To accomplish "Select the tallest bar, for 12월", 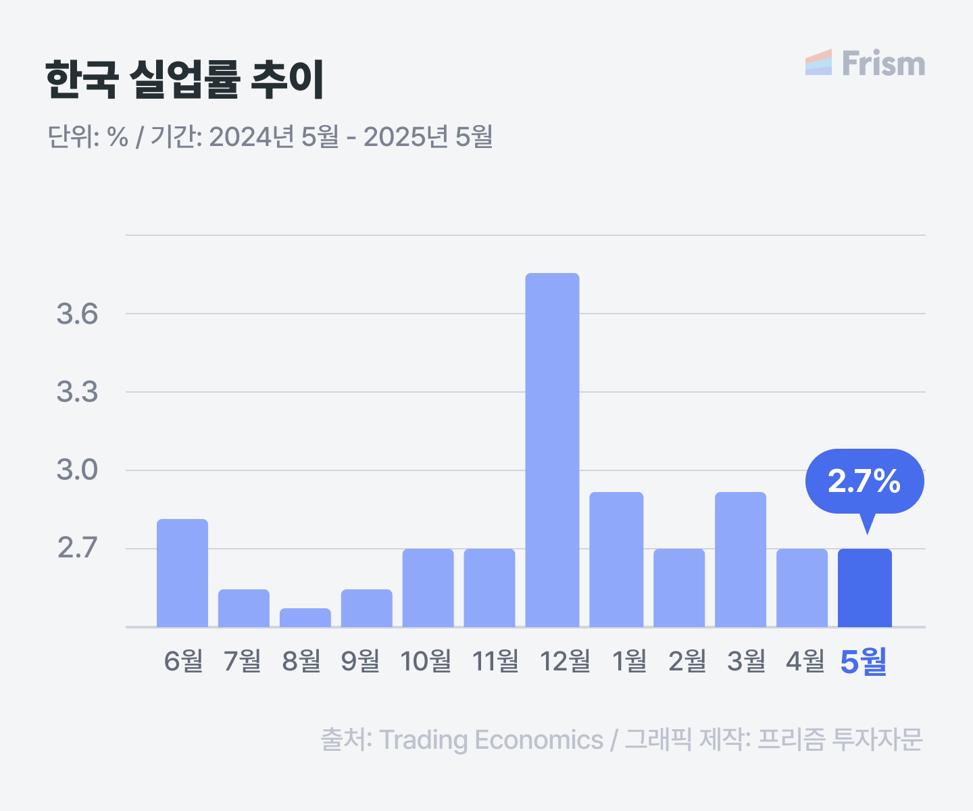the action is [x=552, y=450].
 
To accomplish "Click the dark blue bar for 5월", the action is [x=865, y=588].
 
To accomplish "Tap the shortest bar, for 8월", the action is [x=305, y=618].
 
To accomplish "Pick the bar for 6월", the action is [x=182, y=573].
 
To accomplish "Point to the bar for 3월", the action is [x=741, y=560].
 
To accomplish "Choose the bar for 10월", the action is [x=428, y=588].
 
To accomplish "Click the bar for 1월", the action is [x=616, y=560].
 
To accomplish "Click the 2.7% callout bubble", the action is [x=865, y=481].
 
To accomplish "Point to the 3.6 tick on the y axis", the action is [x=77, y=314].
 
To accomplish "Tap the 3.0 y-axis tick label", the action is [x=77, y=470].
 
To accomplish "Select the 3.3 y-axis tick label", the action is [x=77, y=391].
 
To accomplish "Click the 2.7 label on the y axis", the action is [x=77, y=547].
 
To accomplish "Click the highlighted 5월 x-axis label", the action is [x=863, y=662].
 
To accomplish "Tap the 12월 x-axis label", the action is [x=565, y=661].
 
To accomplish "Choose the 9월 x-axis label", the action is [x=360, y=661].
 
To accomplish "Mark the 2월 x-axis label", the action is [x=687, y=661].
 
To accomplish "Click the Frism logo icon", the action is [x=818, y=62].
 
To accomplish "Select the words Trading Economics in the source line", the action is [x=491, y=740].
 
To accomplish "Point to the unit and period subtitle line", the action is [x=270, y=137].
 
